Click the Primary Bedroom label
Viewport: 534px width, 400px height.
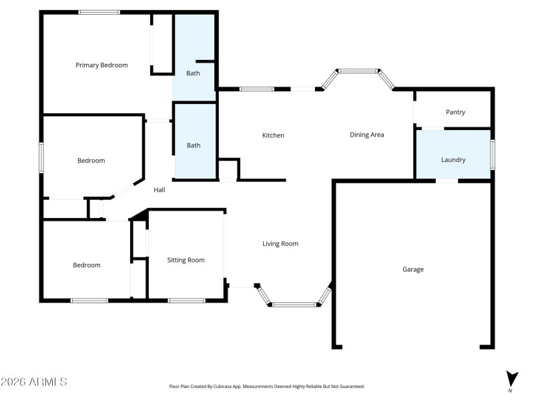101,65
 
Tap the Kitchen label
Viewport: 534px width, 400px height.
273,135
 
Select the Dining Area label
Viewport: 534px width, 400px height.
367,135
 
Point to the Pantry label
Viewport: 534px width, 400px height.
455,113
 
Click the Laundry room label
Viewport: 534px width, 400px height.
453,160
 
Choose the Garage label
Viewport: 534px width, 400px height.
413,269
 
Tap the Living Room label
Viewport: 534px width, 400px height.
280,244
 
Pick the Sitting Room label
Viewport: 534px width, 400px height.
186,260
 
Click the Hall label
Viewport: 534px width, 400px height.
160,190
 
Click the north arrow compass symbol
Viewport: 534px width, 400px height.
511,379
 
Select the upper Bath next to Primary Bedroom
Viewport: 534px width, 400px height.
193,73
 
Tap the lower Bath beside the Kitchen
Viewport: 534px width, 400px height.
193,145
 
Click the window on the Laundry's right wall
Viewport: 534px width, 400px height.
493,155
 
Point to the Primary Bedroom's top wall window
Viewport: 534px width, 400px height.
99,12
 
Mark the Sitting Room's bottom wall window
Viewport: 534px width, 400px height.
186,301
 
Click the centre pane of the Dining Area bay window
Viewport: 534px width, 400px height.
358,71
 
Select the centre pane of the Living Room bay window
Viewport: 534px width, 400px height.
294,305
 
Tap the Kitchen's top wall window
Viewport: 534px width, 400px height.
257,89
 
